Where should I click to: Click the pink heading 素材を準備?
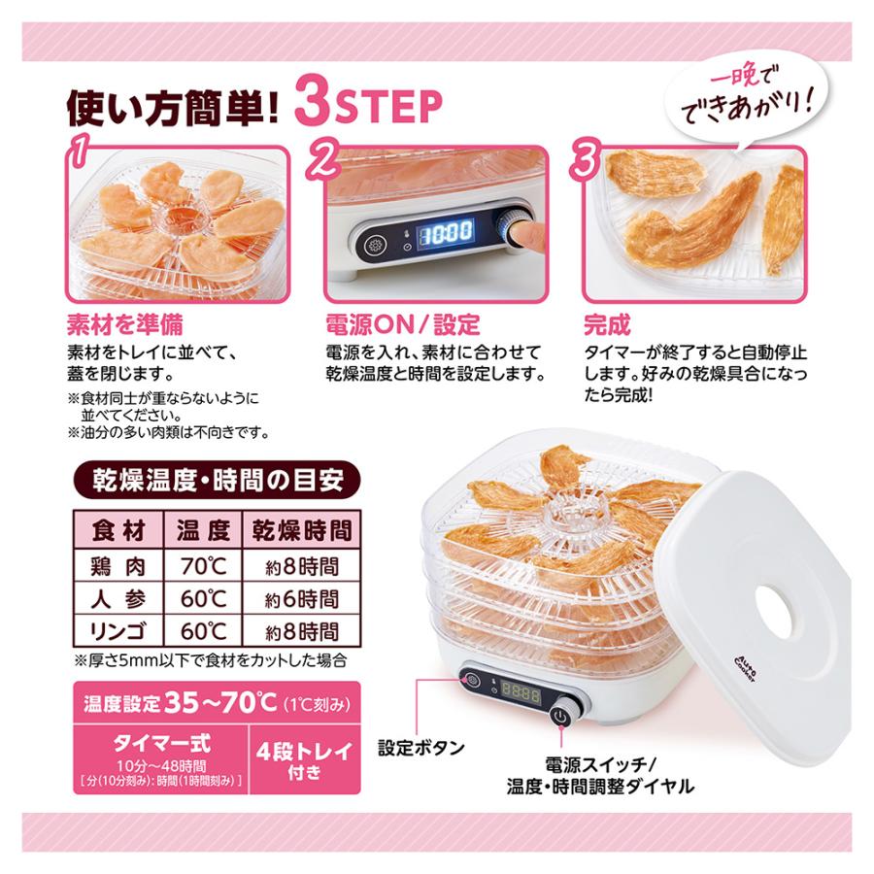click(x=124, y=323)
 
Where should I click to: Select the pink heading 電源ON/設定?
click(x=400, y=323)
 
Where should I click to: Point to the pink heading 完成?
click(x=607, y=323)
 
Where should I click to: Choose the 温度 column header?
click(x=202, y=531)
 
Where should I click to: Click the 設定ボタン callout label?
click(x=420, y=748)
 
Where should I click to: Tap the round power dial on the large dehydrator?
click(x=560, y=718)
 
